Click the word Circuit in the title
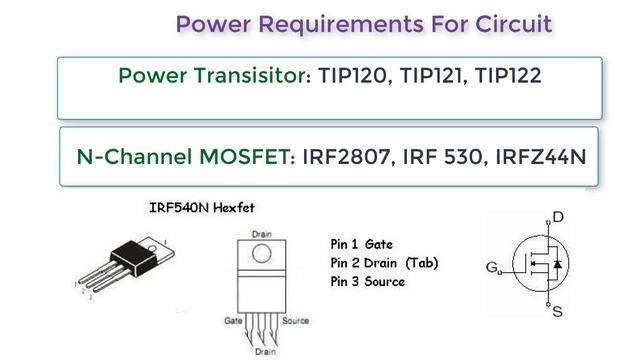(x=513, y=24)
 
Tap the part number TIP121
(x=433, y=76)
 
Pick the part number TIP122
(x=508, y=76)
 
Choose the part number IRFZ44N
(x=541, y=157)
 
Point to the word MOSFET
(x=247, y=157)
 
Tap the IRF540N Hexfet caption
(x=202, y=208)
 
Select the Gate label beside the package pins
(x=233, y=321)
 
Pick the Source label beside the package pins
(x=295, y=321)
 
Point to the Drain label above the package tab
(x=262, y=234)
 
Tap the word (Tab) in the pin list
(x=422, y=263)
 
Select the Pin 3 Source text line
(x=368, y=282)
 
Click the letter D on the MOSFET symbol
(x=558, y=217)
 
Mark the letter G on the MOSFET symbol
(x=492, y=267)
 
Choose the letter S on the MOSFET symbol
(x=558, y=312)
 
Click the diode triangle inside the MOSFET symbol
(x=558, y=264)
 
